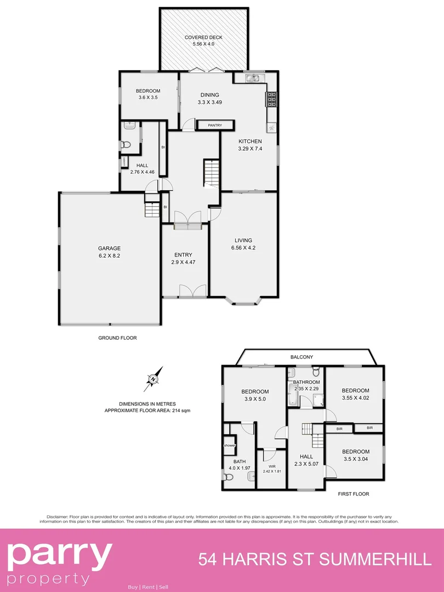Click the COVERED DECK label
click(203, 37)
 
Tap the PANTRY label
click(215, 126)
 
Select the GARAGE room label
click(110, 248)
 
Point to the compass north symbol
click(154, 378)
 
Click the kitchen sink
click(253, 78)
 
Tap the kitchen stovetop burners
click(271, 98)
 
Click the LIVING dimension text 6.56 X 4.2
click(243, 247)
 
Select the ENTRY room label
click(183, 255)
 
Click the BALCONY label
click(302, 357)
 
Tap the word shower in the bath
click(229, 446)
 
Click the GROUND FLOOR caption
click(117, 338)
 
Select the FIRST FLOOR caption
click(353, 494)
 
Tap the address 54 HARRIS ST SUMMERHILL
click(315, 560)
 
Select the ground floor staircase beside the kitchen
click(211, 173)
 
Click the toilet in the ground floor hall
click(126, 145)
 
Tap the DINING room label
click(209, 95)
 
